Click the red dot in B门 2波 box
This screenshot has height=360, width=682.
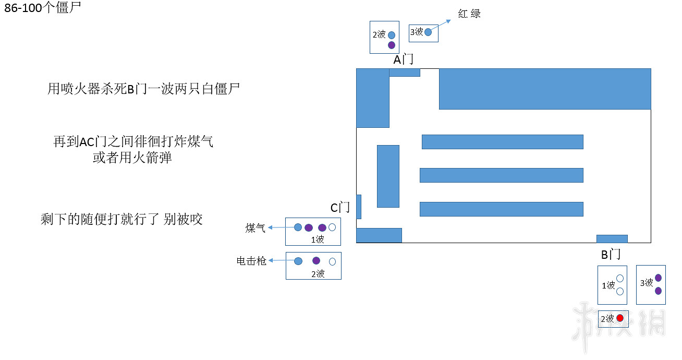click(619, 318)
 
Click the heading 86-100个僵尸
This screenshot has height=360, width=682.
click(43, 8)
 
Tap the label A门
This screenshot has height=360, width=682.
click(403, 60)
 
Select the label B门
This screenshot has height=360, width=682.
click(611, 255)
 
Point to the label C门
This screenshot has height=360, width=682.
click(340, 208)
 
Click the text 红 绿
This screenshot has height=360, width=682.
click(469, 14)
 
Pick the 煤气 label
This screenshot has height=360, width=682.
click(255, 228)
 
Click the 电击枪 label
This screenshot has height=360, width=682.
click(251, 261)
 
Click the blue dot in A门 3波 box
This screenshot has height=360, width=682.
click(428, 32)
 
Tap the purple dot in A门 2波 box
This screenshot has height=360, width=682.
click(392, 45)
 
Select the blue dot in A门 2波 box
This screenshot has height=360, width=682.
click(392, 35)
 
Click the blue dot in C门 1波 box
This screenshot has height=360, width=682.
click(298, 227)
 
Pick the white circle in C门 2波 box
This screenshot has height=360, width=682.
click(332, 262)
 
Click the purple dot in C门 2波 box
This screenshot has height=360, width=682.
click(316, 260)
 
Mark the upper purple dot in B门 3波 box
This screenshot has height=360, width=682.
click(658, 278)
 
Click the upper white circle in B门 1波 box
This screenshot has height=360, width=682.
click(620, 279)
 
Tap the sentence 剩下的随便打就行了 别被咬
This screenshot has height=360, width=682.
click(121, 219)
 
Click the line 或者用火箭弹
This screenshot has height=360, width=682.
click(132, 158)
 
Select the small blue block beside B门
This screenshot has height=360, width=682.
click(612, 239)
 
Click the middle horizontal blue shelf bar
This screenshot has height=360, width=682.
click(501, 175)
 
